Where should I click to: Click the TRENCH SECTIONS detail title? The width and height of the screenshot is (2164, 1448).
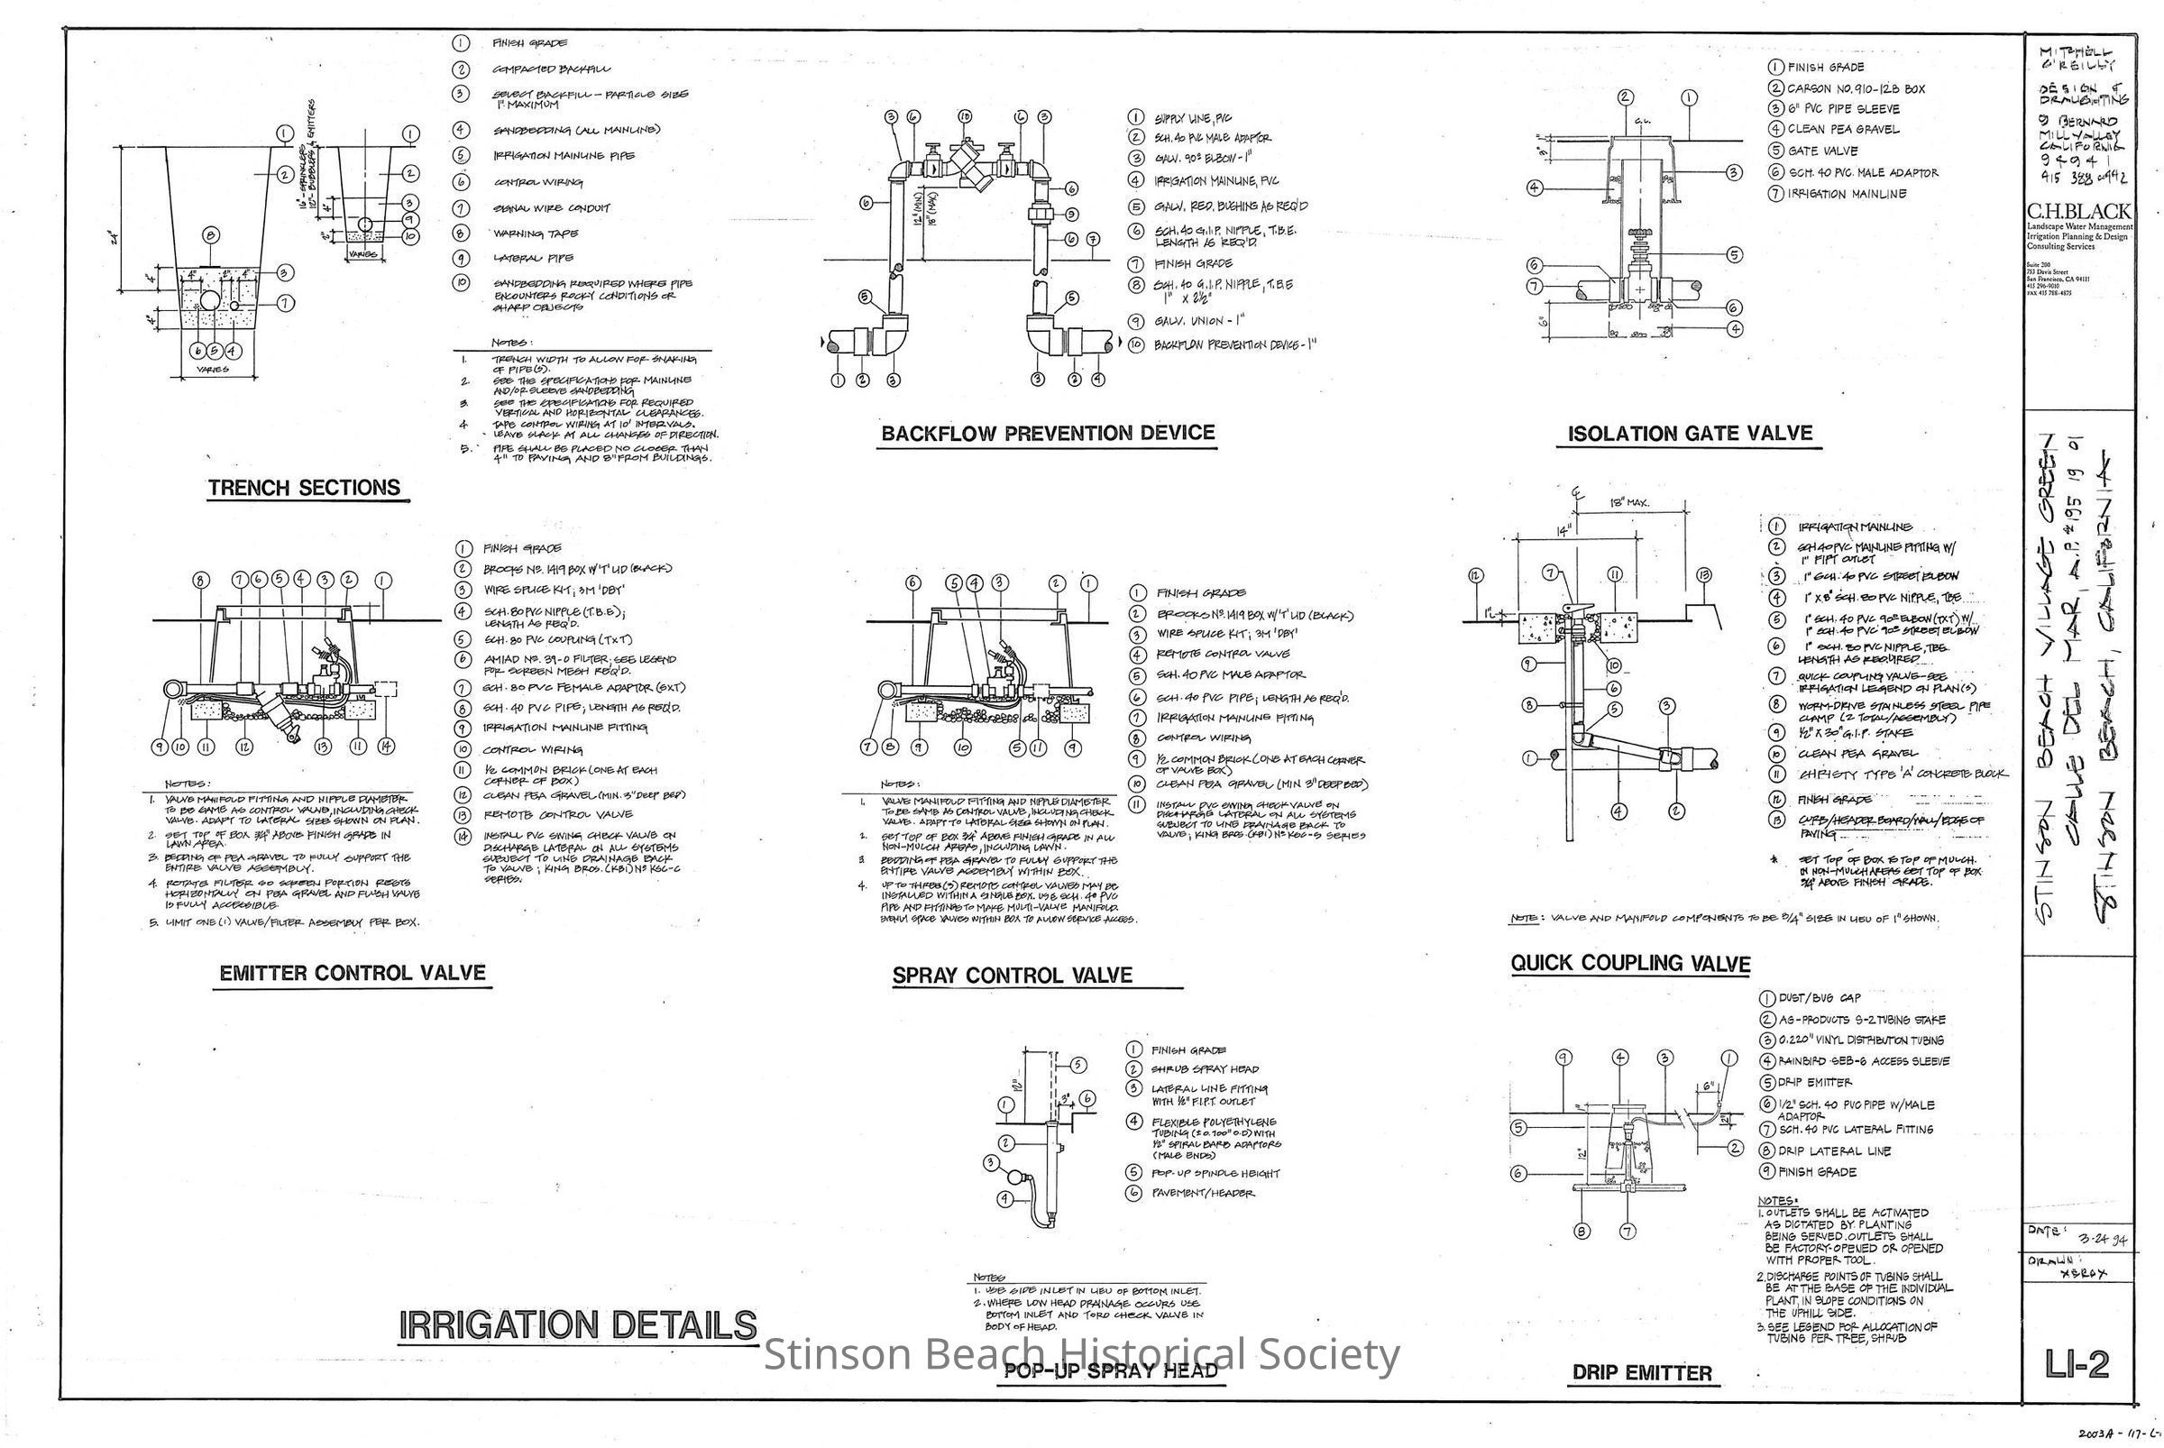(304, 488)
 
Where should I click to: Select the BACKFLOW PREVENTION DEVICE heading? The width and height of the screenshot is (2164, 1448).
(1048, 433)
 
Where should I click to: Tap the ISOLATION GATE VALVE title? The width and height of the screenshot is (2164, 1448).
(1689, 433)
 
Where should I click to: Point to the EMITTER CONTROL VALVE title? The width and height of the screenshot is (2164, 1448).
(352, 974)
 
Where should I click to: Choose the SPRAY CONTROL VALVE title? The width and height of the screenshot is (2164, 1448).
(1012, 976)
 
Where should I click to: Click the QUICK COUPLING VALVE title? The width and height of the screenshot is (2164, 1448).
(1630, 963)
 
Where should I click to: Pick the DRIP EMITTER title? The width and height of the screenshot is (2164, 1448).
(1642, 1372)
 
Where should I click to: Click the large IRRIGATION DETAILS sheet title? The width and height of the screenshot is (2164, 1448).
(577, 1325)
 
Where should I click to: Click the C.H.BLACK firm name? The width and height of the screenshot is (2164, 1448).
(2078, 212)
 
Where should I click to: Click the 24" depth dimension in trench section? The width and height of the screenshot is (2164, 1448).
(112, 242)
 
